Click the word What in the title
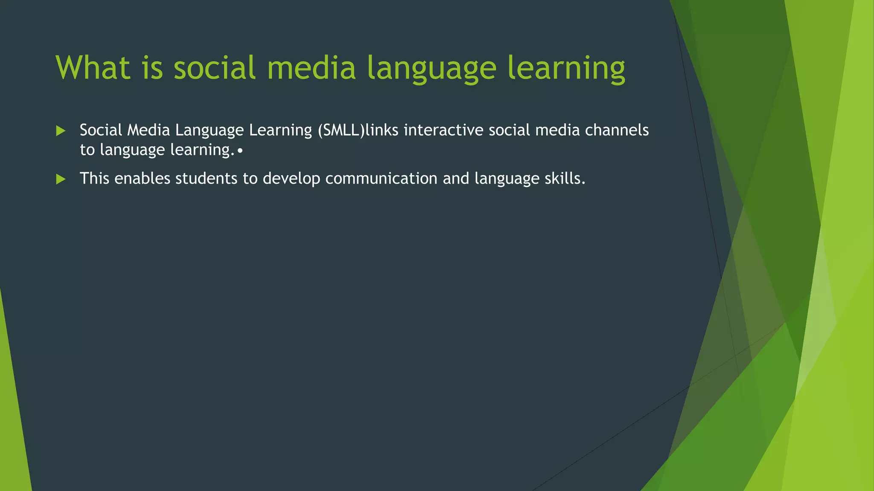(93, 68)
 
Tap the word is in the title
(152, 68)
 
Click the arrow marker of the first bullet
(61, 131)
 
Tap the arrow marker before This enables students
(61, 179)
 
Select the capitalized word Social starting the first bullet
(101, 130)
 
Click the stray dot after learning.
(240, 151)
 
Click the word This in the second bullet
(94, 178)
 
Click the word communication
(381, 178)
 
